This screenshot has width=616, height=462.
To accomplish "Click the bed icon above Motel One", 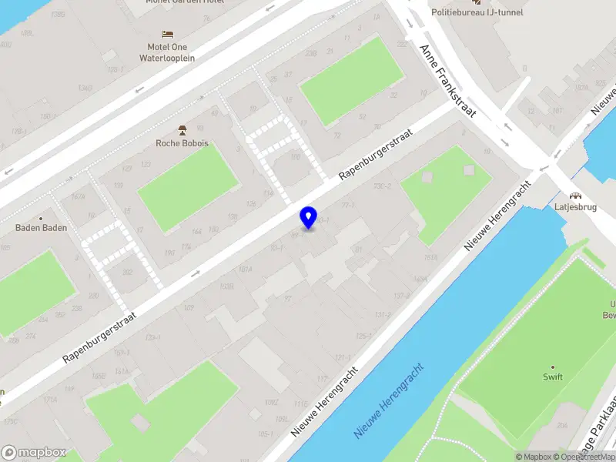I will pos(167,34).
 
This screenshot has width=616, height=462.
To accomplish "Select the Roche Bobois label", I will pos(182,143).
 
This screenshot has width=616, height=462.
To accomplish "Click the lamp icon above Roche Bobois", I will pos(182,129).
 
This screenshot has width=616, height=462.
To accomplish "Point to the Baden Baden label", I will pos(42,228).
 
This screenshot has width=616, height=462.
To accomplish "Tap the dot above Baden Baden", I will pos(42,218).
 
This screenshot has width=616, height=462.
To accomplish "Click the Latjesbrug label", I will pos(575,207).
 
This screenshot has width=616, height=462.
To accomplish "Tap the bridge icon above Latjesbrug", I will pos(575,195).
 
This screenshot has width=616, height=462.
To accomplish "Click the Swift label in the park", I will pos(552,377).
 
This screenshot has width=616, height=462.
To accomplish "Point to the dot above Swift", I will pos(552,367).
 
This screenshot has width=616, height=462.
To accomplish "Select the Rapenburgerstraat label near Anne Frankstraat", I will pos(376,155).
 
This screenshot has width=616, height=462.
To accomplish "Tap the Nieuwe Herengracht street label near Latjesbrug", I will pos(499,216).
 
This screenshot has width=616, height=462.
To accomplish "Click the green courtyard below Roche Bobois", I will pos(189,187).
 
